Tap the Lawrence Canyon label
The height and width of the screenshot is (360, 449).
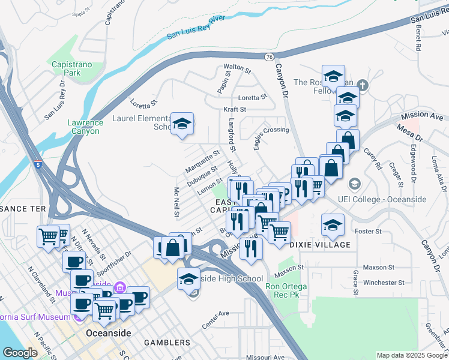point(85,126)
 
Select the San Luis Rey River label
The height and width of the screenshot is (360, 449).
point(196,28)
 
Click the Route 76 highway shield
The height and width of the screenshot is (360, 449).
point(268,56)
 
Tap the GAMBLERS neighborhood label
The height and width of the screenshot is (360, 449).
point(167,343)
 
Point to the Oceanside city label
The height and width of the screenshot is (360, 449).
point(108,332)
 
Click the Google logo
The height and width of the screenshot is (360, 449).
point(20,352)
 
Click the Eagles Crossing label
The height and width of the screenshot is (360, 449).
point(271,130)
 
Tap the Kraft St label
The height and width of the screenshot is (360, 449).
point(235,109)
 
